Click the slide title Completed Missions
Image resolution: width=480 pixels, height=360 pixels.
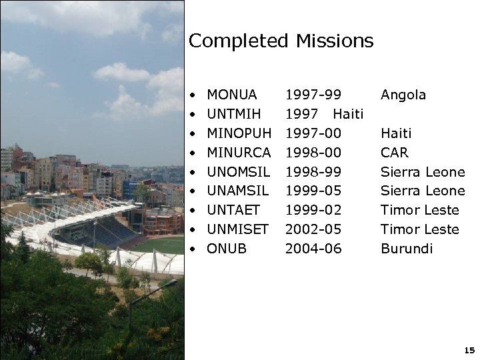(281, 41)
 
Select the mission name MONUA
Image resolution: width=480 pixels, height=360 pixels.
(232, 95)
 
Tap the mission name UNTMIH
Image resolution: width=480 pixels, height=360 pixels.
(234, 115)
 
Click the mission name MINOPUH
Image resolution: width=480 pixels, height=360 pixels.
(239, 134)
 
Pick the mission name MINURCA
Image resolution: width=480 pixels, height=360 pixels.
(239, 153)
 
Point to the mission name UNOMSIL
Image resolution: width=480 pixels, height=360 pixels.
(237, 173)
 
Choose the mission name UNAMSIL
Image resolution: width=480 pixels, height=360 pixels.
(237, 191)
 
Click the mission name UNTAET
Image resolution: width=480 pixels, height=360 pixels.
(233, 211)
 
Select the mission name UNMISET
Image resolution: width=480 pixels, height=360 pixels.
(237, 230)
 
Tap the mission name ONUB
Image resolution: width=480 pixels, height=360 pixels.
(227, 249)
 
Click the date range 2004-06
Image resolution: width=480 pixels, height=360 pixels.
(313, 249)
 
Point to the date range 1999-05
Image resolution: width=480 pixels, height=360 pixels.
(313, 191)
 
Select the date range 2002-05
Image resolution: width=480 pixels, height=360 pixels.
(313, 230)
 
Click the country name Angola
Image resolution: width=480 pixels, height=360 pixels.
(403, 95)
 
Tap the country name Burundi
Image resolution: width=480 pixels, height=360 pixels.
(406, 249)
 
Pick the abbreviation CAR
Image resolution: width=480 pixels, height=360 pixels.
(394, 153)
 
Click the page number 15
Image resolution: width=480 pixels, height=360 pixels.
(469, 350)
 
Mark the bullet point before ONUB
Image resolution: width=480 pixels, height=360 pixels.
(192, 249)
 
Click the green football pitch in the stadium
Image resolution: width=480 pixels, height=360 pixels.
(160, 245)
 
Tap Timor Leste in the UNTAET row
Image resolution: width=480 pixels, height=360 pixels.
(419, 211)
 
